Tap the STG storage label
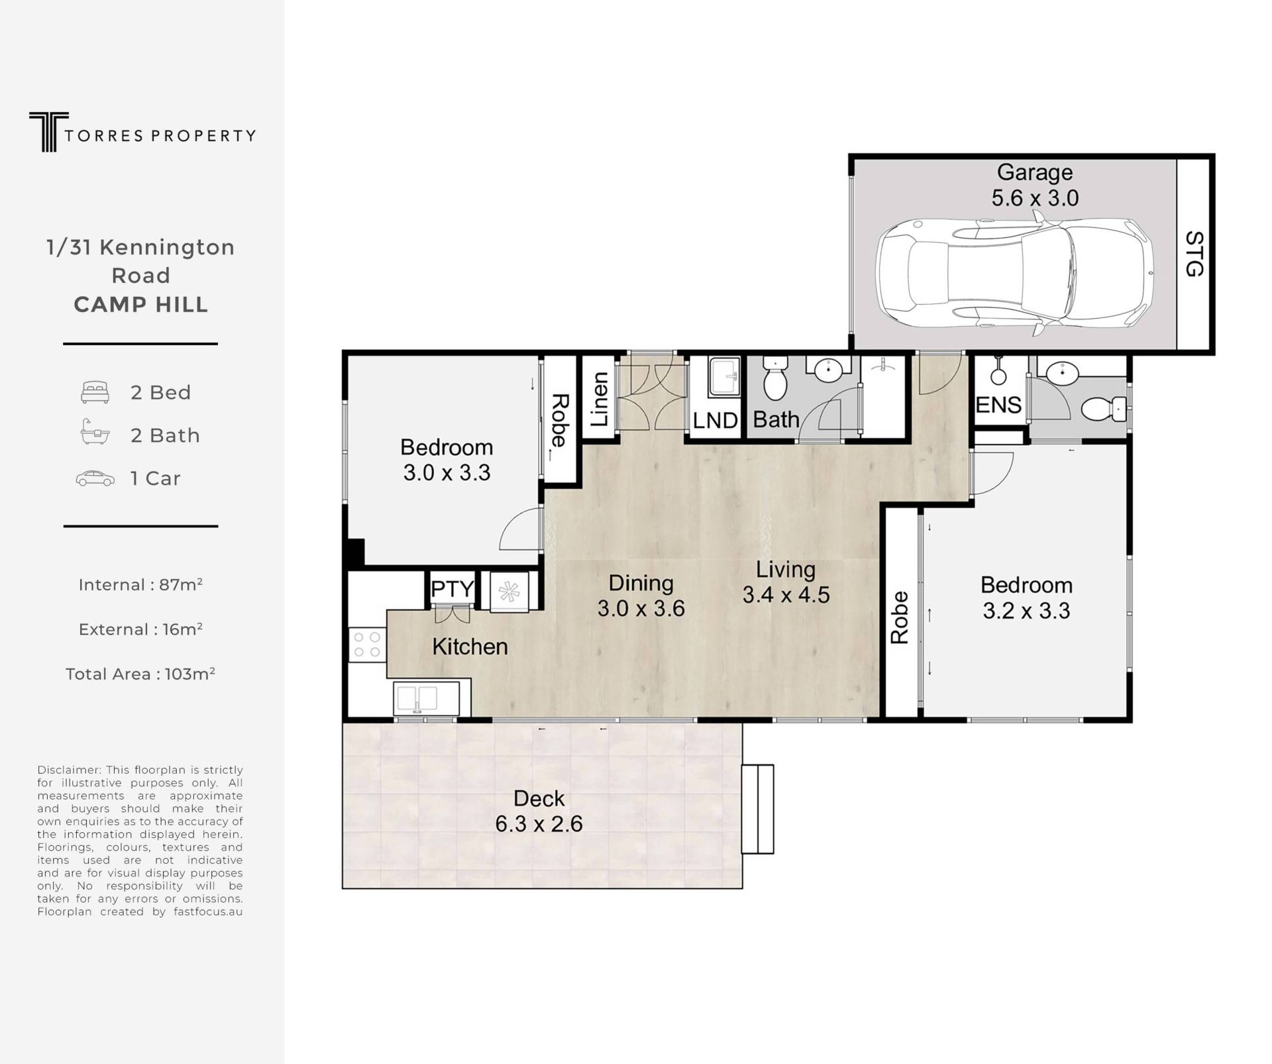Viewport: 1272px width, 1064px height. (1194, 254)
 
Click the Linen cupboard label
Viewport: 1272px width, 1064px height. (599, 399)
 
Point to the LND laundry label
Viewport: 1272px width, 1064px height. (715, 420)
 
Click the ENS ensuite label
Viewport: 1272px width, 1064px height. (998, 405)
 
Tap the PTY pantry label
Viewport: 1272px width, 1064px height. (452, 588)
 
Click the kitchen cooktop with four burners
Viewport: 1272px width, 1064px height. (367, 644)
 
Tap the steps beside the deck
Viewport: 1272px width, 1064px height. (757, 809)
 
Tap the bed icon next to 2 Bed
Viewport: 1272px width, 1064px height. (95, 392)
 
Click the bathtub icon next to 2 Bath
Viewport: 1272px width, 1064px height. (95, 431)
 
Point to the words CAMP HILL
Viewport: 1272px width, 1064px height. (141, 305)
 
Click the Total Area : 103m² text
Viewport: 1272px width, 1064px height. (140, 674)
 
